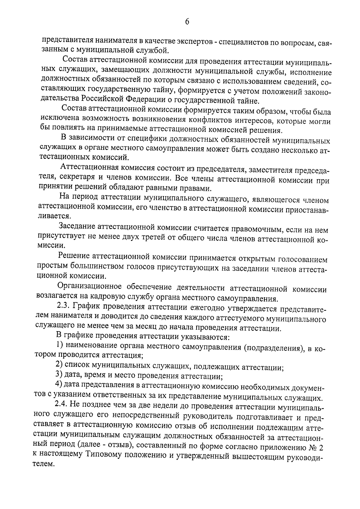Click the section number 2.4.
[x=62, y=404]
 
